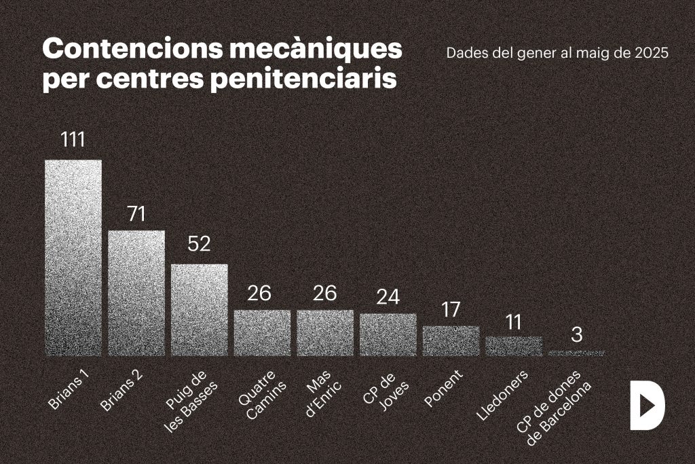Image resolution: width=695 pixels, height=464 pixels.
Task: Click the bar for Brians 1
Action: (x=73, y=258)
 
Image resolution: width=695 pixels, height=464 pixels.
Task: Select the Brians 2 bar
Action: (x=136, y=293)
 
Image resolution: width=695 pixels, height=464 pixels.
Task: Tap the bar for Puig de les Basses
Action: (x=200, y=310)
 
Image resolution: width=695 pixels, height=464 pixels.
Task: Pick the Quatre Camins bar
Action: (x=262, y=333)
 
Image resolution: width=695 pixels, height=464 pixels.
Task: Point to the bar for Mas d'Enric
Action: (x=325, y=333)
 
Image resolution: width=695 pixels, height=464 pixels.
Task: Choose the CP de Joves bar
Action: (x=388, y=334)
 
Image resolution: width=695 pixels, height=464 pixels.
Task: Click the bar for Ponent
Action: (x=451, y=340)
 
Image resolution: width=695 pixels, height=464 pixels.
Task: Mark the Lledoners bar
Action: (x=514, y=346)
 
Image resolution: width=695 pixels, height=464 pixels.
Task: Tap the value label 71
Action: (x=136, y=213)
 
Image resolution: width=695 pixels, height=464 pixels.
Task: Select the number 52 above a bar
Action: (x=200, y=245)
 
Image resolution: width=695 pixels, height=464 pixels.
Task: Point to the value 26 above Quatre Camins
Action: (x=259, y=293)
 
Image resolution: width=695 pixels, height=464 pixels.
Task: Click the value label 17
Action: (x=451, y=310)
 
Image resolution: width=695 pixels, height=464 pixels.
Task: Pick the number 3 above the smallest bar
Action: (x=576, y=334)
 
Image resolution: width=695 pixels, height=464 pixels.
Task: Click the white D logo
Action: (x=646, y=406)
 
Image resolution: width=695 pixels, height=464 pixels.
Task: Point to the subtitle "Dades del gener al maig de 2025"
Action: (x=558, y=53)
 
